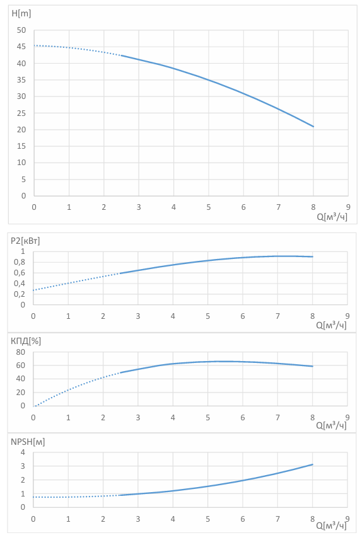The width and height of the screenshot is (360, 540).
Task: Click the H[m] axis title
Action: [x=21, y=13]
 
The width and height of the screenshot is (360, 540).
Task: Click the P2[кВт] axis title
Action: [x=25, y=241]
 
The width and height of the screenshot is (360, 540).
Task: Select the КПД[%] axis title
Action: [x=26, y=341]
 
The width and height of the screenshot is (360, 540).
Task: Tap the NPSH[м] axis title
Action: [x=28, y=442]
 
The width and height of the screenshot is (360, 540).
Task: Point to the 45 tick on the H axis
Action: [x=21, y=47]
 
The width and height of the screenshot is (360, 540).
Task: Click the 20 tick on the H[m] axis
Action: [x=21, y=130]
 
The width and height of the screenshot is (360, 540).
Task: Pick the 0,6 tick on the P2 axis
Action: [x=20, y=273]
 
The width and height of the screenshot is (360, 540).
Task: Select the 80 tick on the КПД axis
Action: [x=21, y=352]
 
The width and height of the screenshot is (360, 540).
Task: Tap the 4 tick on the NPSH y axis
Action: [x=23, y=452]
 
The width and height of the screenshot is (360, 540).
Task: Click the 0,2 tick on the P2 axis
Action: [x=20, y=294]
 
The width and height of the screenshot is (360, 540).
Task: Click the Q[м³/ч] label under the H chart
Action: [x=332, y=217]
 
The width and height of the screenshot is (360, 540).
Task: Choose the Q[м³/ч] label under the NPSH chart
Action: [x=331, y=525]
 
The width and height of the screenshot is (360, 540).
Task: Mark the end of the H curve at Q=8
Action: [x=313, y=127]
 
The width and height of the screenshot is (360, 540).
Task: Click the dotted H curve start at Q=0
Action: [x=34, y=45]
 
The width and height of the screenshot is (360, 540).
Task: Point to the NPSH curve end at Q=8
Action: [x=313, y=464]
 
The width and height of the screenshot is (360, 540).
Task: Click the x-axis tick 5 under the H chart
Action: [x=209, y=207]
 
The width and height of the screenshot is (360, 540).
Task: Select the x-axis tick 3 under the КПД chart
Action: [x=138, y=417]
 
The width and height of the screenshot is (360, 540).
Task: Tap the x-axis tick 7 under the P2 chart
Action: [x=277, y=316]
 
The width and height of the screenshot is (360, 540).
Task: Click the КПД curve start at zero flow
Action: [x=33, y=406]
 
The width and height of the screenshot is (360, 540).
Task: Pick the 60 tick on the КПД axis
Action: [x=21, y=365]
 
